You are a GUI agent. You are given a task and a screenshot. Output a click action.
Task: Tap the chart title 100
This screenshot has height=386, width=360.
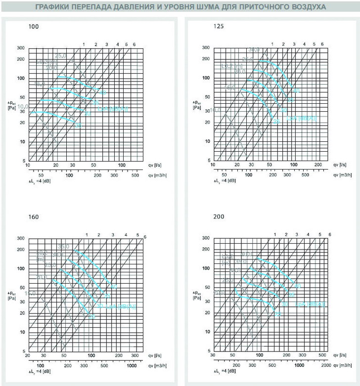tap(33, 25)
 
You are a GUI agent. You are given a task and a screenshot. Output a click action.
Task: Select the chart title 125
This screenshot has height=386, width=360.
tap(218, 25)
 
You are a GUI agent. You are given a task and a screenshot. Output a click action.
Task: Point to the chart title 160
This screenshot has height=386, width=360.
tap(33, 216)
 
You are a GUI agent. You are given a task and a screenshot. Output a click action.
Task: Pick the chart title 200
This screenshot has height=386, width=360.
tap(218, 216)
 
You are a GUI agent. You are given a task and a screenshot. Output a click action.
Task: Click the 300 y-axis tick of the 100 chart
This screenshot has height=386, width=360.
tap(20, 48)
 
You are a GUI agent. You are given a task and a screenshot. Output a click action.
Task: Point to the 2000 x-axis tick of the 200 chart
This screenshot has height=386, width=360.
tap(325, 365)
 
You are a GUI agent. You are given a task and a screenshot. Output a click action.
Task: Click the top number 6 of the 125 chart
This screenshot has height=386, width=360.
tap(322, 44)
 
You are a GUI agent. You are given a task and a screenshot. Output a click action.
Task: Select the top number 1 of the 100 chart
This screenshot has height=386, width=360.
tap(84, 44)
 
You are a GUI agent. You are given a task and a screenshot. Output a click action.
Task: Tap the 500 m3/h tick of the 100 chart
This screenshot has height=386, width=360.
tap(135, 174)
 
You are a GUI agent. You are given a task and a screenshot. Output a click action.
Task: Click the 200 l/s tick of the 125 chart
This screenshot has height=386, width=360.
tap(318, 166)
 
